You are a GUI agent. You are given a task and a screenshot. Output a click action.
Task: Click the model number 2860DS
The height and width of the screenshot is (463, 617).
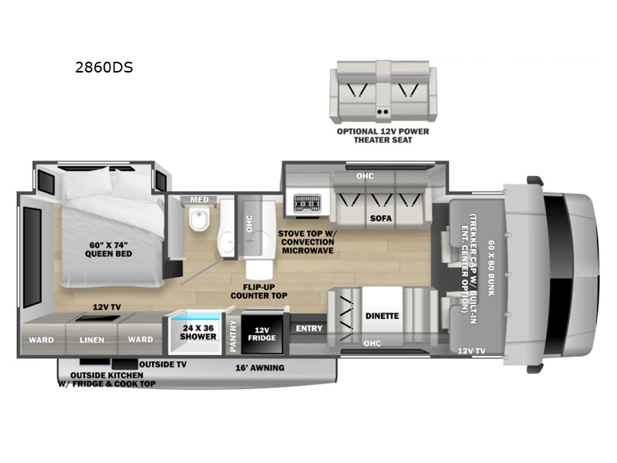(104, 67)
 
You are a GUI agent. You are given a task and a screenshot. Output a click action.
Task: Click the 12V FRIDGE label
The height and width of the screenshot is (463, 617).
(258, 333)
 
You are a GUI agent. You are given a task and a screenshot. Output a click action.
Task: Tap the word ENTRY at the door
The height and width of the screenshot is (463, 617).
(308, 329)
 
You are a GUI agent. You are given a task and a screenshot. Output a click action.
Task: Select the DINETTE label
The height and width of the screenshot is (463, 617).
(382, 315)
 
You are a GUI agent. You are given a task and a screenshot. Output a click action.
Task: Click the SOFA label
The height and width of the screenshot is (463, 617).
(381, 218)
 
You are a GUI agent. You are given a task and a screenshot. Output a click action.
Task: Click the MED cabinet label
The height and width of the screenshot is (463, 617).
(199, 201)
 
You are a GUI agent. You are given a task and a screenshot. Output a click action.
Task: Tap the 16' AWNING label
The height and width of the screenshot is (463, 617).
(259, 367)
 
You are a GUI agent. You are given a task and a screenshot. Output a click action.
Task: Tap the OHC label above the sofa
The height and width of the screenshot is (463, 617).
(365, 176)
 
